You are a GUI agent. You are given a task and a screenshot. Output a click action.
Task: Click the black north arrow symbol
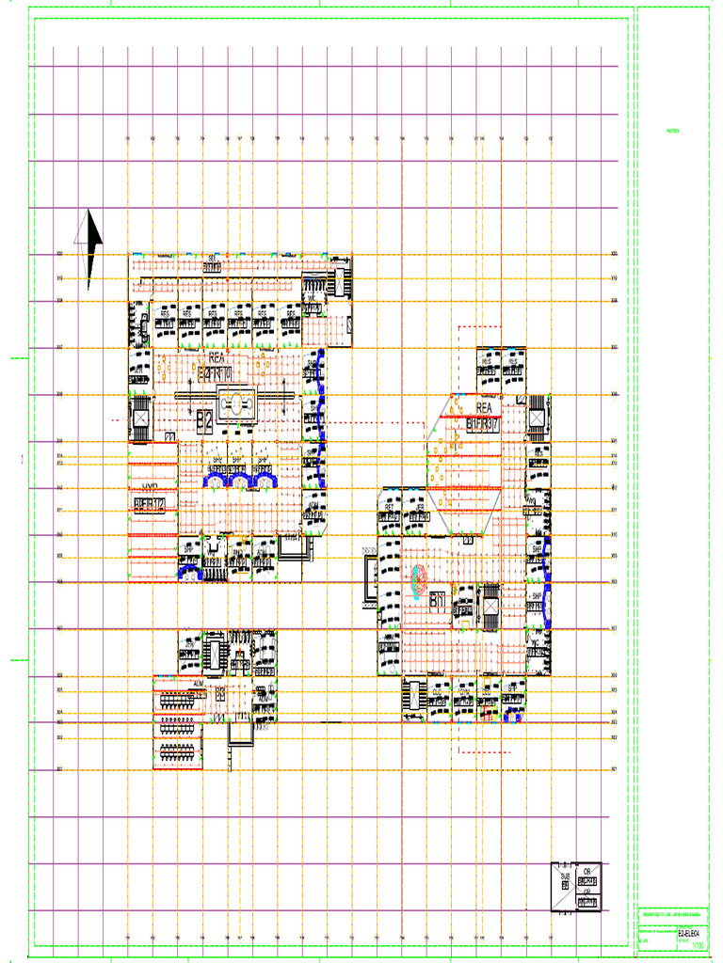pos(88,246)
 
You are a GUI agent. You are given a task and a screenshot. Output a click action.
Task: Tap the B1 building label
pos(437,600)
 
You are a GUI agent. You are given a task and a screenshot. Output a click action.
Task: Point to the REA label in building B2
pos(216,358)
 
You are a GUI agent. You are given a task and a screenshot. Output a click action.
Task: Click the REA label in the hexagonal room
pos(484,409)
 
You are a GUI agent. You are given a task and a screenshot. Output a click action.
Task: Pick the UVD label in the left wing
pos(150,488)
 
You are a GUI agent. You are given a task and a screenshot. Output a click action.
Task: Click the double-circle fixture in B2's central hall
pos(233,405)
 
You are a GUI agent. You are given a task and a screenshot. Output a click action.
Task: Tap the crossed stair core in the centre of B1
pos(490,607)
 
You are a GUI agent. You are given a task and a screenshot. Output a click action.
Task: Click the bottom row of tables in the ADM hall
pos(178,751)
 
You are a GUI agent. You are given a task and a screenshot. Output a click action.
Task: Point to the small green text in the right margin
pos(672,131)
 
